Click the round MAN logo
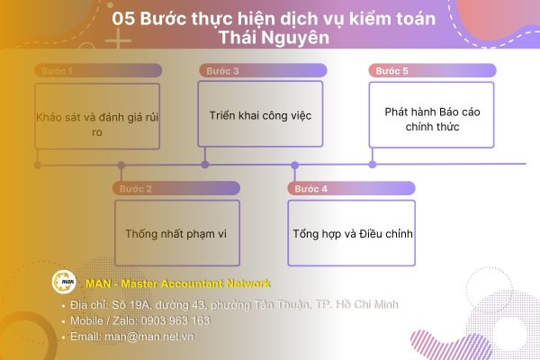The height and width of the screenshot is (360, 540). (x=65, y=283)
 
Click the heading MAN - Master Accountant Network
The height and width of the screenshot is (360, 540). (x=178, y=283)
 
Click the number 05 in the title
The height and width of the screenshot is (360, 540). (x=126, y=18)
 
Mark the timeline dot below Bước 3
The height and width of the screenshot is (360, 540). (x=205, y=164)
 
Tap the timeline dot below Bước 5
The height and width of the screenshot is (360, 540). (x=372, y=164)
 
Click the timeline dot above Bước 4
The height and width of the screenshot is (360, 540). (x=294, y=165)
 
